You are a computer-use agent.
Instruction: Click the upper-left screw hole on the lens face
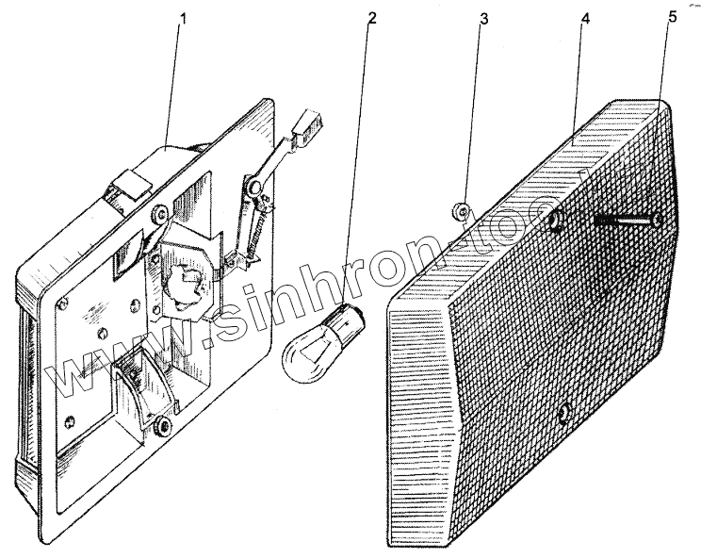click(x=556, y=222)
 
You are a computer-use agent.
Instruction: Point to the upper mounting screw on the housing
click(x=160, y=211)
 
